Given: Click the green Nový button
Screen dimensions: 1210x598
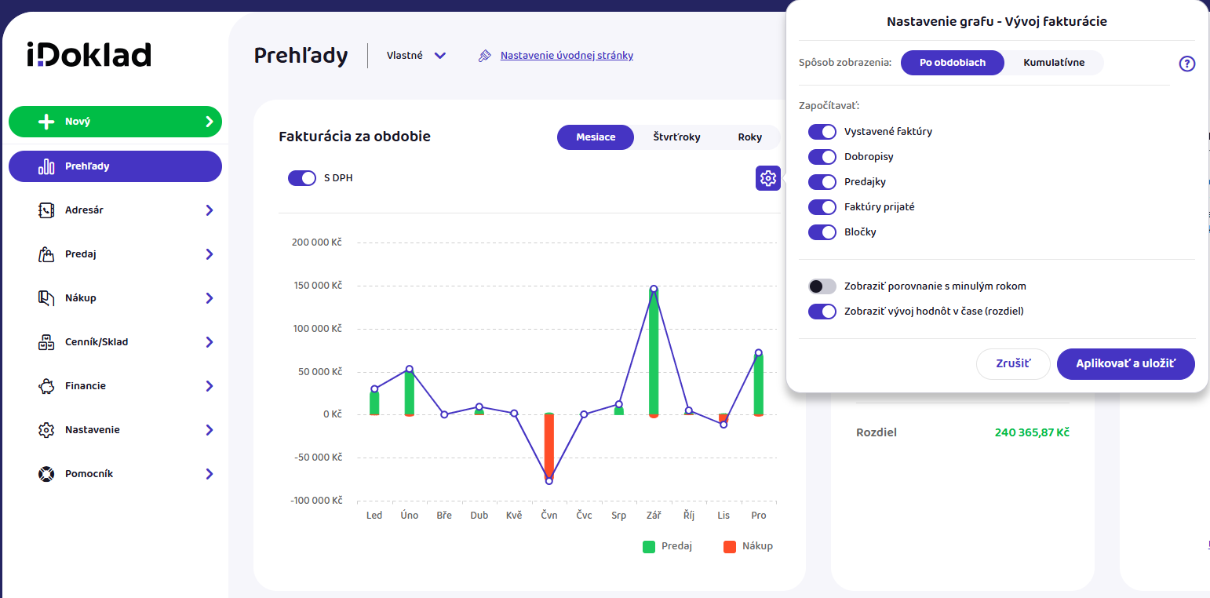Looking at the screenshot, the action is tap(115, 122).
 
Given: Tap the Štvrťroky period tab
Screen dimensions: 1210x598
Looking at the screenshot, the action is tap(676, 137).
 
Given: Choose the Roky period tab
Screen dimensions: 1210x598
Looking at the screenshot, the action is tap(749, 137).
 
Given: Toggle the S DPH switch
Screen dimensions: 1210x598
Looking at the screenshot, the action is tap(302, 177).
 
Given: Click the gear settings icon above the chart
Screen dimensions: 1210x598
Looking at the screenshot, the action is tap(767, 177).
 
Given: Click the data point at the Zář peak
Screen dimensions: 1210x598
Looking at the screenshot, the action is tap(654, 289).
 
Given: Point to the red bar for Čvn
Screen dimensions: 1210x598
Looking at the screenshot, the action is tap(549, 447).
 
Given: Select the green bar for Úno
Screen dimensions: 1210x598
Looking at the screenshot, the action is tap(410, 392).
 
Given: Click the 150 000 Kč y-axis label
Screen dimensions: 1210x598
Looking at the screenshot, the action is tap(318, 285).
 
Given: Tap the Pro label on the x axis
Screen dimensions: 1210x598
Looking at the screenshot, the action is tap(759, 516).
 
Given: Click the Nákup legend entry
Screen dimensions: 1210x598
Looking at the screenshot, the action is tap(748, 546).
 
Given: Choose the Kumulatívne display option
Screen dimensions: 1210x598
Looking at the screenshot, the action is tap(1053, 63).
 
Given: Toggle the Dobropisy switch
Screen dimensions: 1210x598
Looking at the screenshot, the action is tap(822, 157).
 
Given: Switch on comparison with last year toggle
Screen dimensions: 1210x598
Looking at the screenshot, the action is tap(822, 286).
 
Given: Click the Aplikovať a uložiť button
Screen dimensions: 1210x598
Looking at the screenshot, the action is tap(1125, 363).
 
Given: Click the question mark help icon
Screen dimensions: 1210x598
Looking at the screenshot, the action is tap(1186, 64).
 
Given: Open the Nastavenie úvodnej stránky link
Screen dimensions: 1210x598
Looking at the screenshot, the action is tap(567, 56).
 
